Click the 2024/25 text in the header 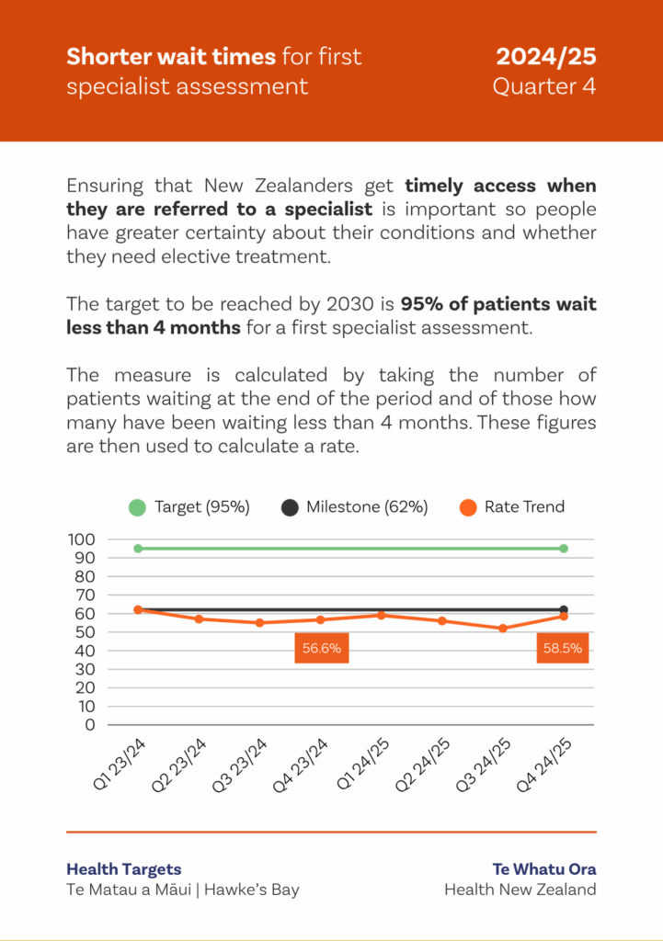[546, 57]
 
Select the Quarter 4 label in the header [544, 86]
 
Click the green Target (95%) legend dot [138, 507]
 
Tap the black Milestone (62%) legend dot [291, 507]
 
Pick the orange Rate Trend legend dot [468, 507]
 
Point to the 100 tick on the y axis [82, 539]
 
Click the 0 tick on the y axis [89, 724]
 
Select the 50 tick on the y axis [82, 632]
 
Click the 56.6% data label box [322, 648]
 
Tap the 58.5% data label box [563, 648]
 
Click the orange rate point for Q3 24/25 [502, 629]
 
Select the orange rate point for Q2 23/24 [199, 619]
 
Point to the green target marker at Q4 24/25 [564, 549]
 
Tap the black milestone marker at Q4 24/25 [564, 609]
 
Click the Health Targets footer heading [124, 869]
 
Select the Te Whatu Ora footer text [543, 869]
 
